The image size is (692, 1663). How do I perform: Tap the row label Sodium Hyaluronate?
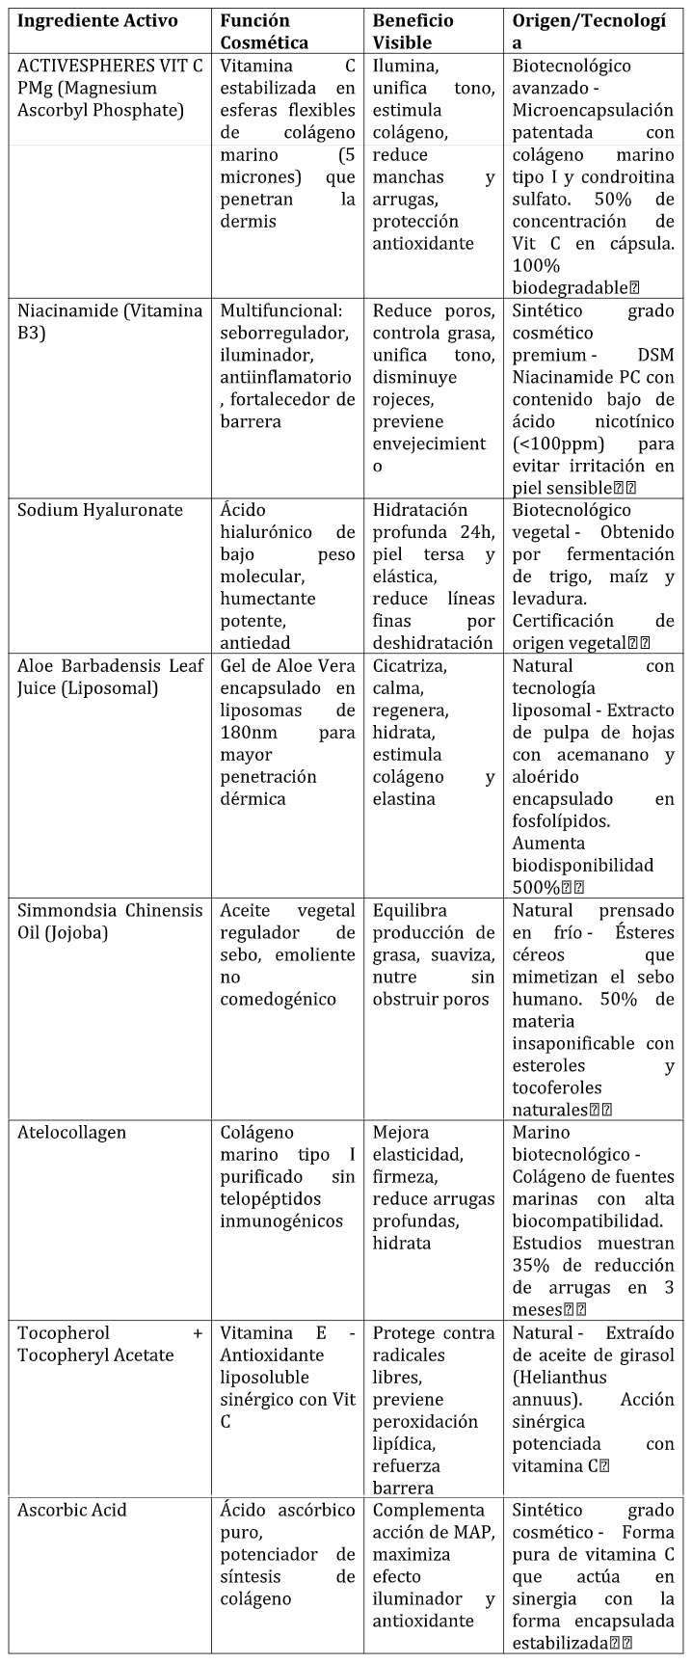click(x=99, y=510)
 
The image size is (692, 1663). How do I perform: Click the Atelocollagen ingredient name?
click(x=71, y=1133)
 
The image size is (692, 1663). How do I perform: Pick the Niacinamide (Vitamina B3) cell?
click(x=110, y=321)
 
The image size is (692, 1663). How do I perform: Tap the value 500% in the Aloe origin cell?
click(x=538, y=887)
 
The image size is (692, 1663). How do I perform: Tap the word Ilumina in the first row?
click(x=405, y=67)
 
